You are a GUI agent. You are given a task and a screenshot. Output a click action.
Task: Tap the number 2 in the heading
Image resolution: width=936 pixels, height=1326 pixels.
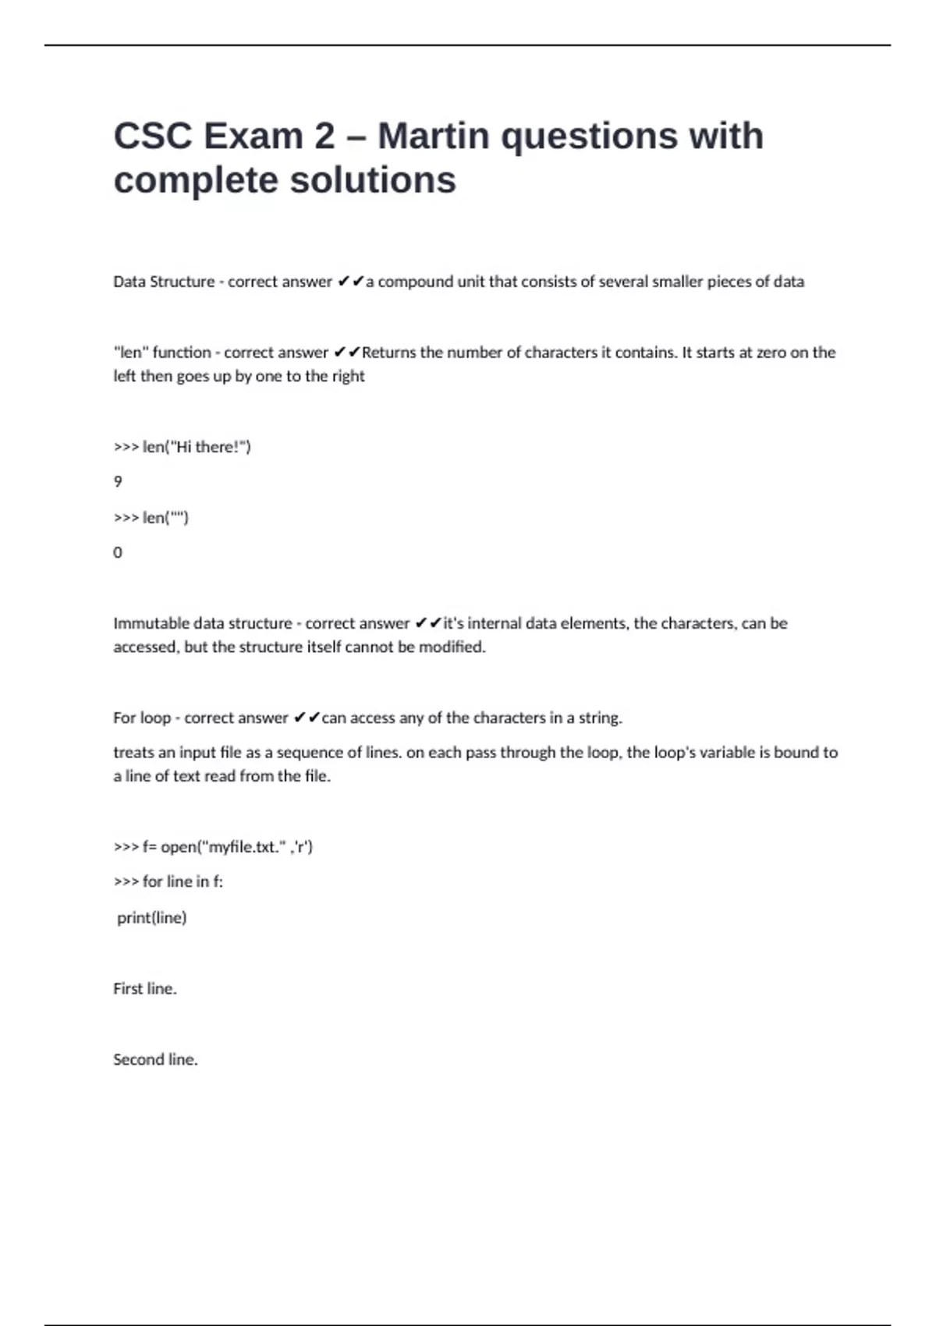click(x=324, y=136)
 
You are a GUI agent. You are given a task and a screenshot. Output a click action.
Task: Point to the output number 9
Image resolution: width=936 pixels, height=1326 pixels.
click(x=118, y=482)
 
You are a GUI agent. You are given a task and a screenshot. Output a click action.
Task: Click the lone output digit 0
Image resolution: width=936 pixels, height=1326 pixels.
click(x=118, y=553)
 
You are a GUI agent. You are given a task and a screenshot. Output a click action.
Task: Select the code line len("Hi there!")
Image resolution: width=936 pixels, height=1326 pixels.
click(x=183, y=447)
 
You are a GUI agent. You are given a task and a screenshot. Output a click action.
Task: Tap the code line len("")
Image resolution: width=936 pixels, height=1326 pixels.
click(x=151, y=518)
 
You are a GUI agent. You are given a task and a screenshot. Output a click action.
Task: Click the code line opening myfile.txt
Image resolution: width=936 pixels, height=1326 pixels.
click(x=213, y=847)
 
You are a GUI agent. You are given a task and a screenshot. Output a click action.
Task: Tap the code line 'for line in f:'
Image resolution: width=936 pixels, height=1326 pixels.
click(x=168, y=881)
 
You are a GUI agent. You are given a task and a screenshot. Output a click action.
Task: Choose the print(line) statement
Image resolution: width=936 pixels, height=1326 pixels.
click(x=152, y=918)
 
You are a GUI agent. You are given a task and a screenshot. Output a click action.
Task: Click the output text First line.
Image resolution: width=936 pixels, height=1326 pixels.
click(x=145, y=989)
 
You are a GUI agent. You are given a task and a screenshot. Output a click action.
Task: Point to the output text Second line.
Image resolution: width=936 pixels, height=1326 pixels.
click(x=155, y=1060)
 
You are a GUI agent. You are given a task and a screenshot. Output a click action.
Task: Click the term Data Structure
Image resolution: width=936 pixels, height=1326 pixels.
click(x=164, y=282)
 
